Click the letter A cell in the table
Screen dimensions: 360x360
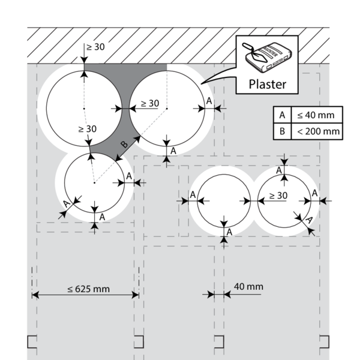[280, 115]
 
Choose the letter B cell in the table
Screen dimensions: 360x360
[280, 131]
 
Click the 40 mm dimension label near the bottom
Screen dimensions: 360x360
[248, 287]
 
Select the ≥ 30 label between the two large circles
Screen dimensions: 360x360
[149, 103]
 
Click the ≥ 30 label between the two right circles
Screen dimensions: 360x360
[278, 195]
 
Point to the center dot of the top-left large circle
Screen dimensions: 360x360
[85, 109]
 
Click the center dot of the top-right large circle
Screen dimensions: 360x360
[167, 109]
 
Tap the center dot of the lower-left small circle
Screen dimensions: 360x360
[94, 182]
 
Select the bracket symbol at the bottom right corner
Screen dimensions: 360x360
[324, 342]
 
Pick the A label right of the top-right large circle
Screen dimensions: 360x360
[208, 101]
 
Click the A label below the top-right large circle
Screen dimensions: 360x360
[173, 151]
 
